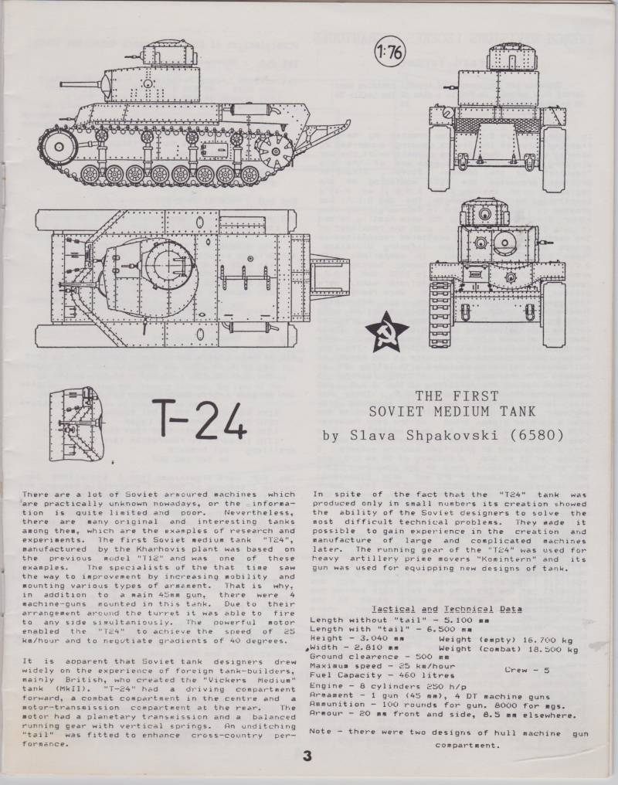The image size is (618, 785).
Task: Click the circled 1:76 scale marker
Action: click(x=390, y=52)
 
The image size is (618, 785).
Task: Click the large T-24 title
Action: click(x=203, y=420)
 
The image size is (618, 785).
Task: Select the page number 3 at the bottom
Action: click(x=307, y=756)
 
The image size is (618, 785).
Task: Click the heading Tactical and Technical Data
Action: click(x=447, y=609)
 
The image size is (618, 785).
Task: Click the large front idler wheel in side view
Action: click(x=59, y=147)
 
